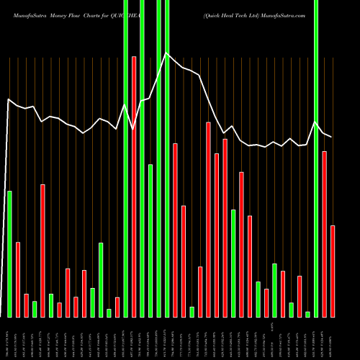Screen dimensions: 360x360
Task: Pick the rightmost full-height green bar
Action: [316, 158]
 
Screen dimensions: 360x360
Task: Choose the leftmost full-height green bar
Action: [126, 158]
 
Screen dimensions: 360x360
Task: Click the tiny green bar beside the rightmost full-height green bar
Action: [307, 314]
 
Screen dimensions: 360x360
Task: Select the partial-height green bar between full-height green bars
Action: [150, 240]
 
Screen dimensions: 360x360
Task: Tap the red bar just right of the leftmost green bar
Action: [18, 279]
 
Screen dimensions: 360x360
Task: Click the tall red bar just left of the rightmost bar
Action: [324, 234]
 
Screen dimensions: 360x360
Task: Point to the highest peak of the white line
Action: [166, 53]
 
